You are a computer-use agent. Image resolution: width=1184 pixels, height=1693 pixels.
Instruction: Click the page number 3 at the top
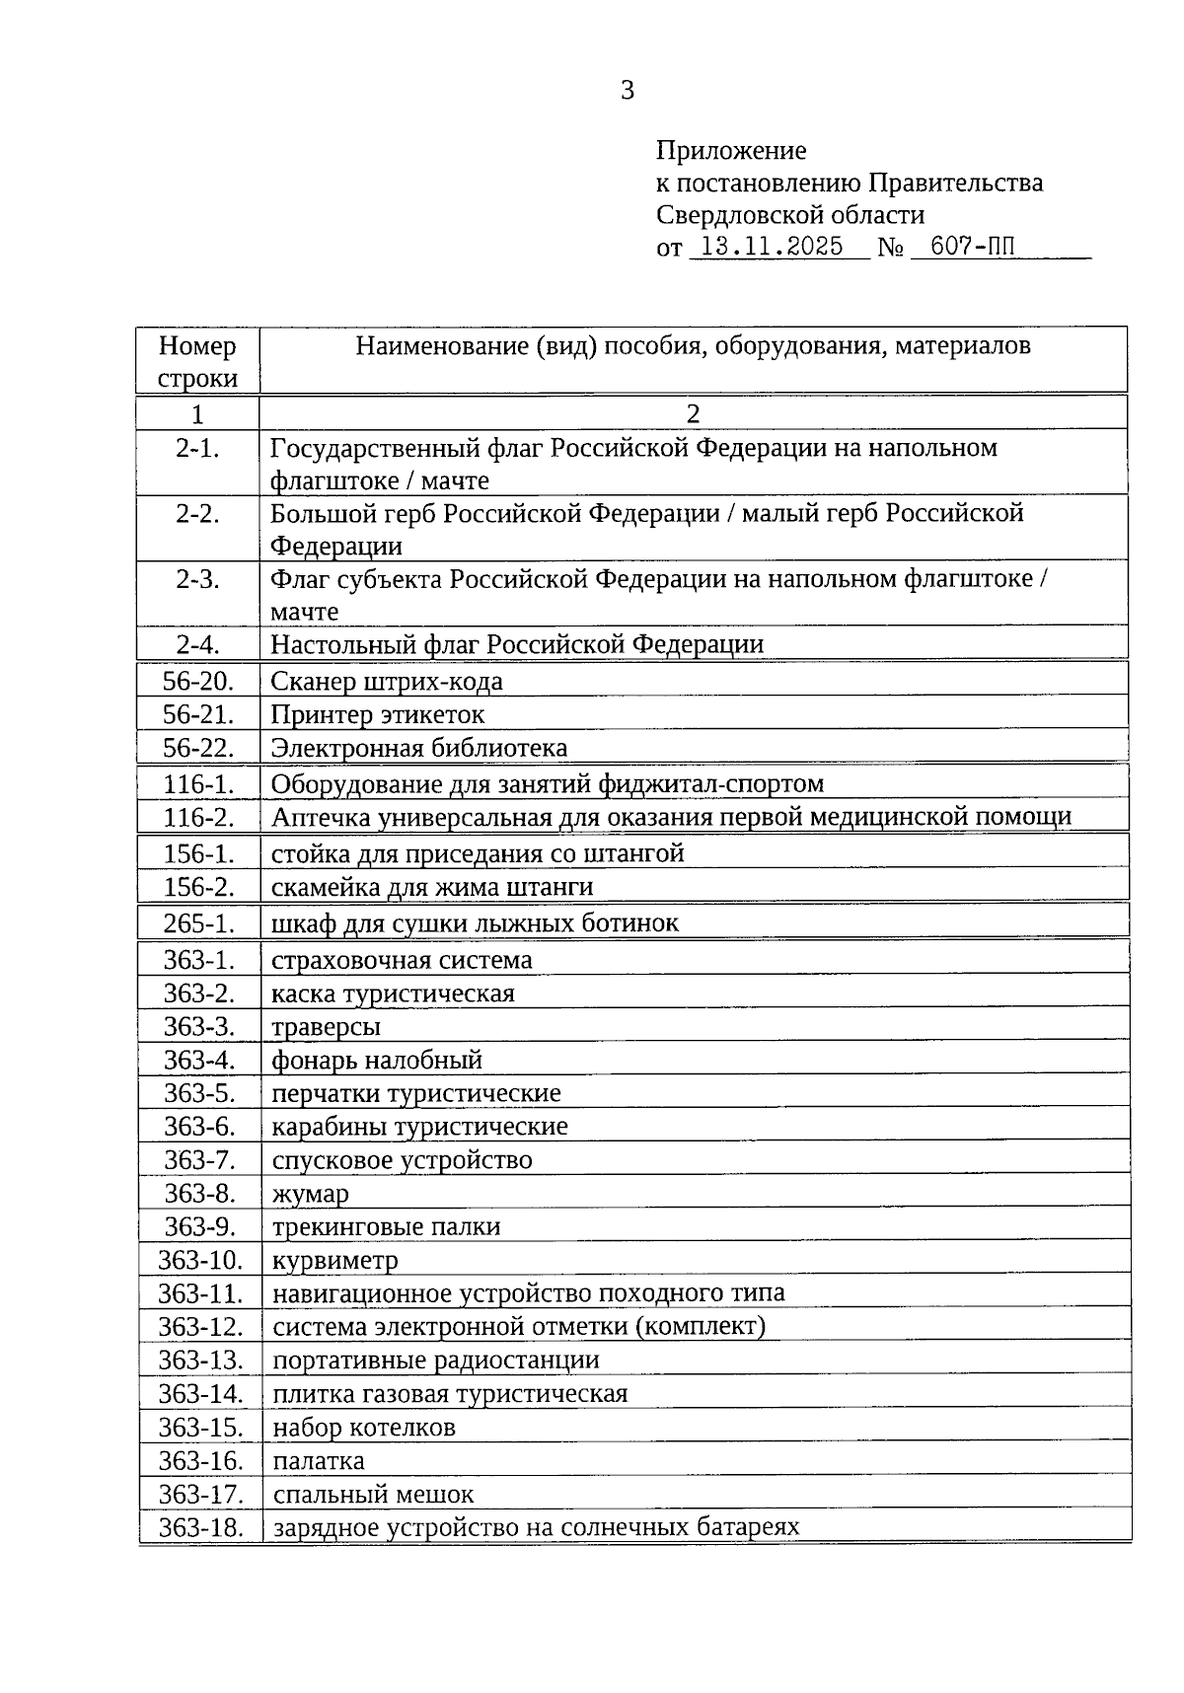point(628,91)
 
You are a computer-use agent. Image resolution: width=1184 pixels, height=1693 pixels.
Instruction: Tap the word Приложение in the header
point(730,151)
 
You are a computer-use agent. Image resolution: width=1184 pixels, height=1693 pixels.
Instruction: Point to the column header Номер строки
point(197,361)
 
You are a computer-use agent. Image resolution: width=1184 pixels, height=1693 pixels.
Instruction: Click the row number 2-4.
point(197,644)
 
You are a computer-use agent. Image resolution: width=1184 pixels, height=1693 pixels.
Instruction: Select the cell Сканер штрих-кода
point(387,681)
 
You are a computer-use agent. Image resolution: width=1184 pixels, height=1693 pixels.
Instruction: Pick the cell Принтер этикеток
point(378,714)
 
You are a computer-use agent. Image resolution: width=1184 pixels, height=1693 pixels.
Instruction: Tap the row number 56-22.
point(198,748)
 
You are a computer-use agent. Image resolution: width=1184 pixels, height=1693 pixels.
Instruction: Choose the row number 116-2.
point(198,817)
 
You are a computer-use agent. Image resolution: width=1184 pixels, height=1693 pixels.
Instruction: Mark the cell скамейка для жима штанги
point(432,887)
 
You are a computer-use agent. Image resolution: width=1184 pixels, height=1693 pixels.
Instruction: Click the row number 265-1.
point(198,923)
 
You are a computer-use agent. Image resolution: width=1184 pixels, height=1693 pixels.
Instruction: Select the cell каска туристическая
point(393,994)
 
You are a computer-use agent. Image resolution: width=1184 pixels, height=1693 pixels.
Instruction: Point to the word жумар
point(310,1194)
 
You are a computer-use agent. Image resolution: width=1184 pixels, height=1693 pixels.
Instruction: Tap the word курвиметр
point(335,1261)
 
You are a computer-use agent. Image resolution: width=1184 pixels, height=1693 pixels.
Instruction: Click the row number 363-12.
point(200,1327)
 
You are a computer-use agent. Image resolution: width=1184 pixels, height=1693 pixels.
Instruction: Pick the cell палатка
point(319,1461)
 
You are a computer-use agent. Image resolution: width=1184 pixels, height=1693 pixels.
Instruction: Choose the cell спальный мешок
point(373,1495)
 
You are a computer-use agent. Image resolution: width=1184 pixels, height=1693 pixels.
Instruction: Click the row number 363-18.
point(200,1528)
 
